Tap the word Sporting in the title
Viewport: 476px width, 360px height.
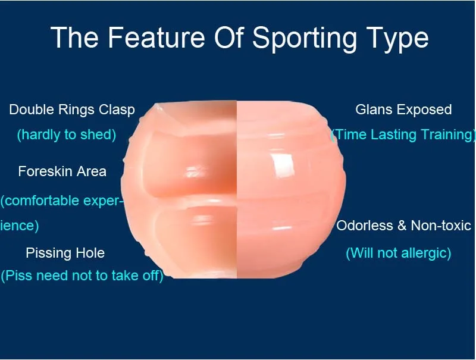305,39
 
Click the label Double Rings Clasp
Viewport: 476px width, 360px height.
72,110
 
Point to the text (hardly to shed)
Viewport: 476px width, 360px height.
67,134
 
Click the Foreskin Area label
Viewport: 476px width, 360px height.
62,171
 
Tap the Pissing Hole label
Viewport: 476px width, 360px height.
65,253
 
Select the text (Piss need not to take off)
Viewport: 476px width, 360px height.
82,276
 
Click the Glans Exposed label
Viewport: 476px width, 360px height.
403,110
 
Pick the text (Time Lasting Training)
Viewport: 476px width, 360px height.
403,134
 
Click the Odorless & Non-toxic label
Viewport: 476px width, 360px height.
404,226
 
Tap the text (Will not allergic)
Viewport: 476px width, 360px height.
399,253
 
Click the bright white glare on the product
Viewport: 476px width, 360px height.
283,164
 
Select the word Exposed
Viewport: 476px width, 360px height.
428,111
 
